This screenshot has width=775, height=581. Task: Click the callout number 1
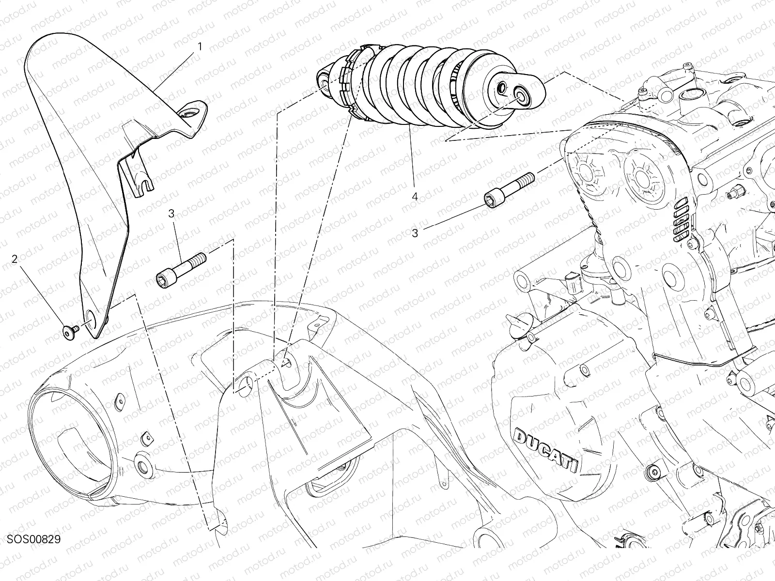pos(200,46)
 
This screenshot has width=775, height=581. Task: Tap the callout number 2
pos(15,260)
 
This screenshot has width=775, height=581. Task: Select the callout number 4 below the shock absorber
pos(415,197)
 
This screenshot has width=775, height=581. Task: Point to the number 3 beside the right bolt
pos(415,233)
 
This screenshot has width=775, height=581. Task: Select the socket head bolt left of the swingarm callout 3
pos(181,270)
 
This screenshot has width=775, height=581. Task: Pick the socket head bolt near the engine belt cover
pos(509,190)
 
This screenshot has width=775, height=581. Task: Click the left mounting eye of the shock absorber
pos(324,82)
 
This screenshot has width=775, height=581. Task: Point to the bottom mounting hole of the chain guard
pos(91,316)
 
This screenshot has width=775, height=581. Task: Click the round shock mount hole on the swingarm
pos(246,384)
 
